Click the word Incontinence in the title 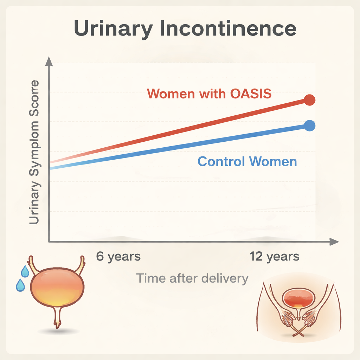(227, 29)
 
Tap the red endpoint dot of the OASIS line (309, 100)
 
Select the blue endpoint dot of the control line (309, 126)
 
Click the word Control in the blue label (221, 162)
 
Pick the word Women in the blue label (273, 162)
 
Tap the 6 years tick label (118, 256)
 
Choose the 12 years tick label (275, 256)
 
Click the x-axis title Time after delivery (192, 278)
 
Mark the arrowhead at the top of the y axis (49, 62)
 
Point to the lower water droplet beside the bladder (20, 285)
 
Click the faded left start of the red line (53, 162)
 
